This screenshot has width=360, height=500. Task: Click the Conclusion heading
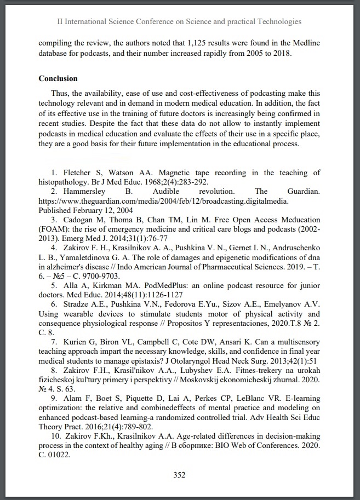58,78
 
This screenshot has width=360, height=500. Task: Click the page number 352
180,475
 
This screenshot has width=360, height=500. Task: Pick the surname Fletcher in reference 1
70,173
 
